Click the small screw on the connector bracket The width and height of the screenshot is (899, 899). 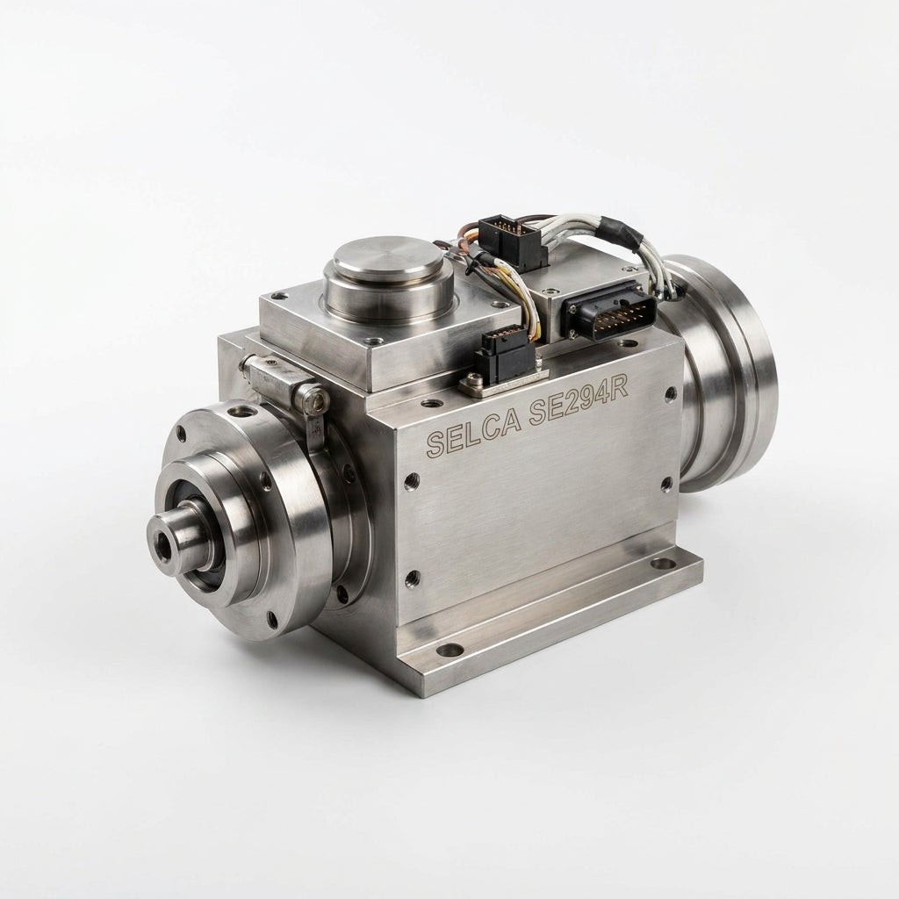[474, 379]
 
